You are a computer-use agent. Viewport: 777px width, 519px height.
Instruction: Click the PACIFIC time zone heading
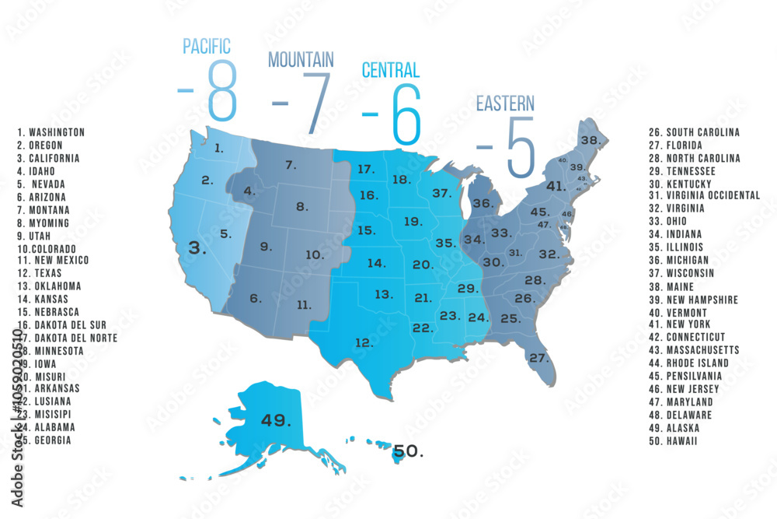(207, 46)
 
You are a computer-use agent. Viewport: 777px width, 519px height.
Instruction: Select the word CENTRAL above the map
(391, 71)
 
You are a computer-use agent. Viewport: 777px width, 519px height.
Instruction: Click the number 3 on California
(200, 248)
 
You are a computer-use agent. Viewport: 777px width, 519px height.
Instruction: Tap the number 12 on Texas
(364, 342)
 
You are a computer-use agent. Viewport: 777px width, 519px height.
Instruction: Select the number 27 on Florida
(538, 358)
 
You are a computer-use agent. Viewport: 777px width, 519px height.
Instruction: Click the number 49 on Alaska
(276, 420)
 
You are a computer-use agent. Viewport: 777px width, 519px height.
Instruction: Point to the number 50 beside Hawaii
(408, 451)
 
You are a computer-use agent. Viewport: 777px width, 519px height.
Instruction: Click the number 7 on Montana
(291, 165)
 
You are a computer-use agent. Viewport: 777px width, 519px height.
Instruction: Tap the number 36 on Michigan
(483, 203)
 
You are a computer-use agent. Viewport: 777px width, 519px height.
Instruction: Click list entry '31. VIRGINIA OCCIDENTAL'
(705, 196)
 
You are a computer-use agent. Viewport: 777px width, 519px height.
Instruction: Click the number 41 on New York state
(555, 187)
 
